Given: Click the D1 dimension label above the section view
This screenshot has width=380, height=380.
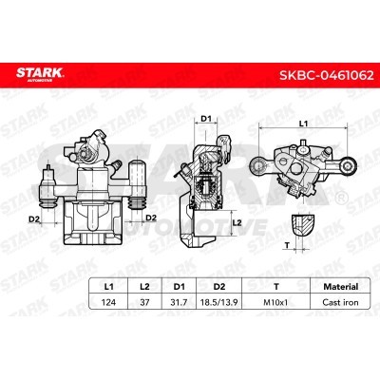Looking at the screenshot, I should [x=205, y=118].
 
